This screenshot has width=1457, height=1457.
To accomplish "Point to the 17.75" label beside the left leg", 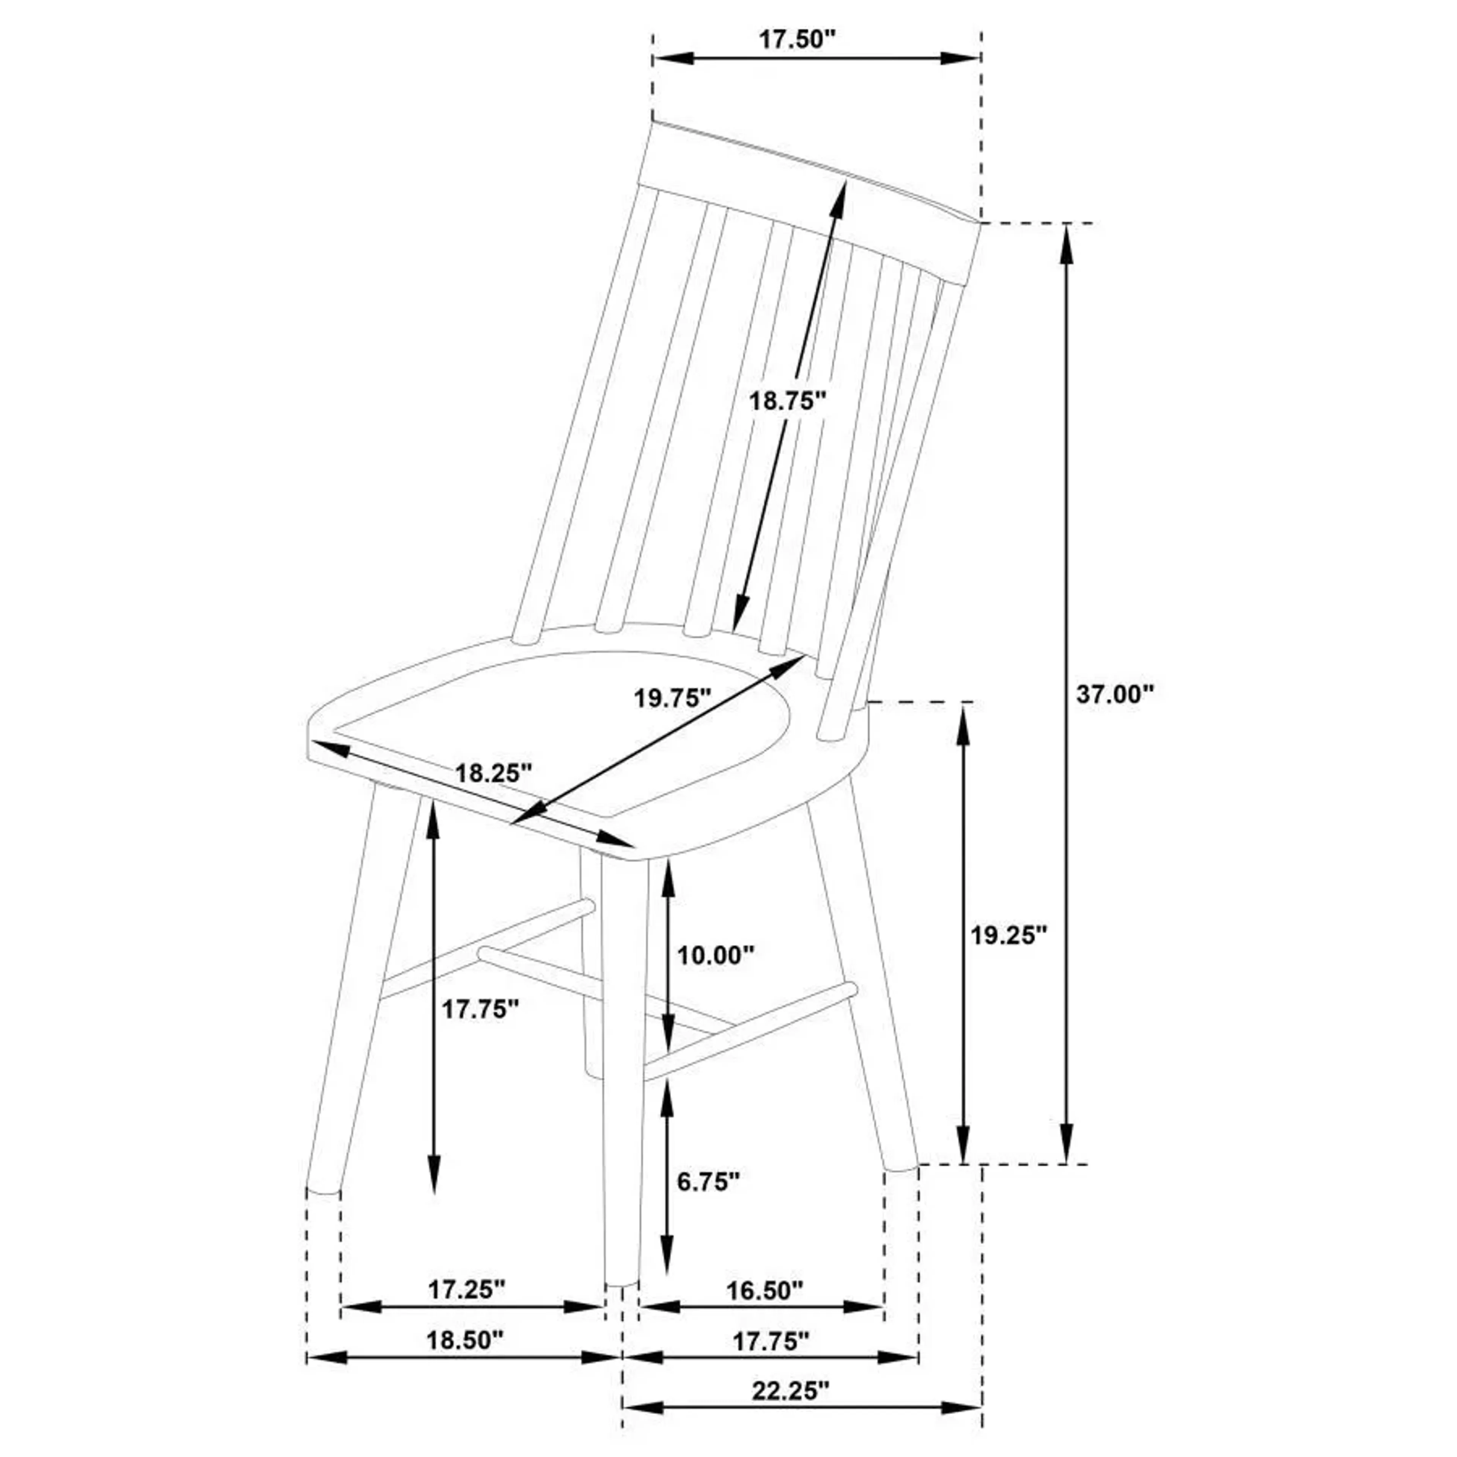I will [x=480, y=1009].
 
